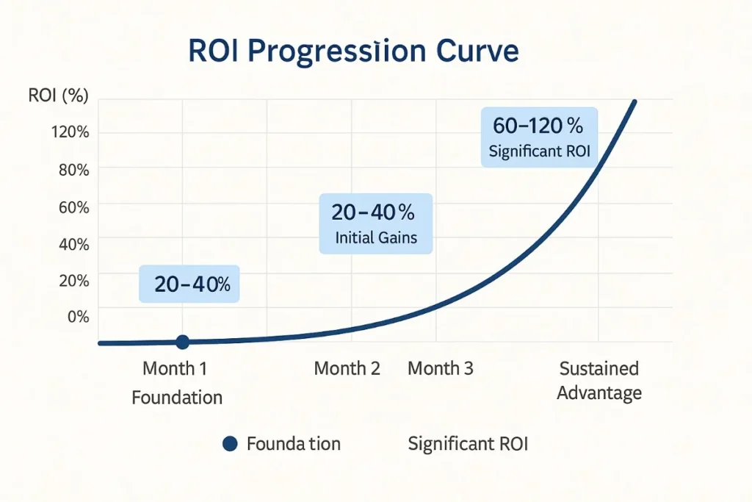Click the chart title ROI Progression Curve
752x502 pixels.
[x=353, y=52]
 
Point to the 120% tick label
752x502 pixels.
[x=70, y=133]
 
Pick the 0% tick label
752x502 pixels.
[x=78, y=317]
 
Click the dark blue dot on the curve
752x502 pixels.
[x=183, y=342]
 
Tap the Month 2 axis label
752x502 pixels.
[x=347, y=368]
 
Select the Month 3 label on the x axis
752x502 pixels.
[x=441, y=368]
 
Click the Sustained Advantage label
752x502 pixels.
[x=599, y=380]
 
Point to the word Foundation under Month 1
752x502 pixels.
[x=177, y=398]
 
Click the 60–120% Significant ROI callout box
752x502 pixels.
[x=540, y=137]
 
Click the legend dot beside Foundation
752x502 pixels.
[x=230, y=443]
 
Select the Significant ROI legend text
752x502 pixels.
[x=468, y=443]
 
